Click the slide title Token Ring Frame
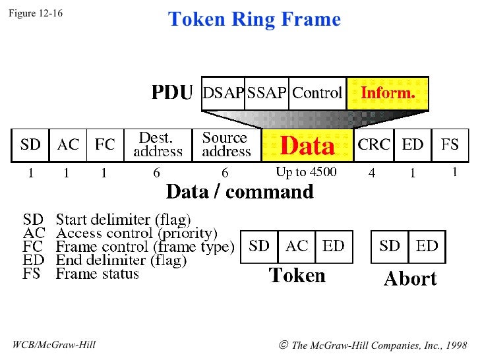click(x=254, y=19)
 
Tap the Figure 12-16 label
click(x=36, y=13)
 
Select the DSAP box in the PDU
click(x=223, y=93)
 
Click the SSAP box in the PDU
click(x=266, y=93)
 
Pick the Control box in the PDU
click(x=317, y=93)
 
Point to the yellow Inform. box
click(x=388, y=93)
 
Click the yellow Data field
click(x=308, y=145)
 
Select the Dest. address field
click(x=158, y=145)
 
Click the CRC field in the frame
click(x=374, y=145)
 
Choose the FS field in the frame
click(x=450, y=145)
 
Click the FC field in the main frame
click(x=105, y=145)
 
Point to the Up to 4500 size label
click(x=306, y=173)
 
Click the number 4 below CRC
click(x=372, y=173)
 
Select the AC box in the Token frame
click(x=297, y=247)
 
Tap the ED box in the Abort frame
click(x=427, y=247)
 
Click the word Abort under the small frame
click(x=410, y=279)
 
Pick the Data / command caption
click(x=239, y=192)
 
